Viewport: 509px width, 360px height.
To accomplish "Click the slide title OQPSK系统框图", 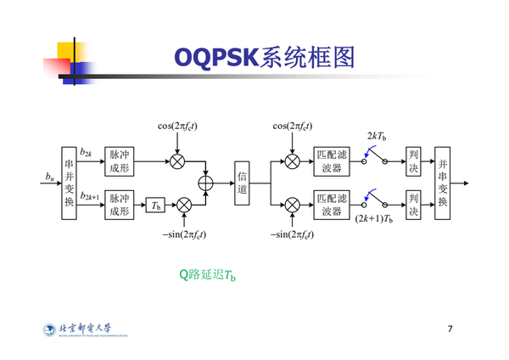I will (263, 57).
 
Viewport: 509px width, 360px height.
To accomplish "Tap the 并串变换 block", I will (441, 182).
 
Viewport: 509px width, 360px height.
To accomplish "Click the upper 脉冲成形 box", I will (119, 160).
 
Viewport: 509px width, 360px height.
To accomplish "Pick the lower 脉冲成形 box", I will (119, 205).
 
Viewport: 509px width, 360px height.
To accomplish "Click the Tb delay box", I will (154, 205).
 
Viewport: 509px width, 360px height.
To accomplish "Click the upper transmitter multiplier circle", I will (177, 160).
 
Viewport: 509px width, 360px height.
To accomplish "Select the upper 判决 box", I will (413, 160).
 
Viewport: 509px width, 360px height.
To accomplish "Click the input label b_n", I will (50, 177).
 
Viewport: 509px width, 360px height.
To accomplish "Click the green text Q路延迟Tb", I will (207, 273).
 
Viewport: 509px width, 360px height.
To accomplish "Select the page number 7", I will (450, 328).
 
